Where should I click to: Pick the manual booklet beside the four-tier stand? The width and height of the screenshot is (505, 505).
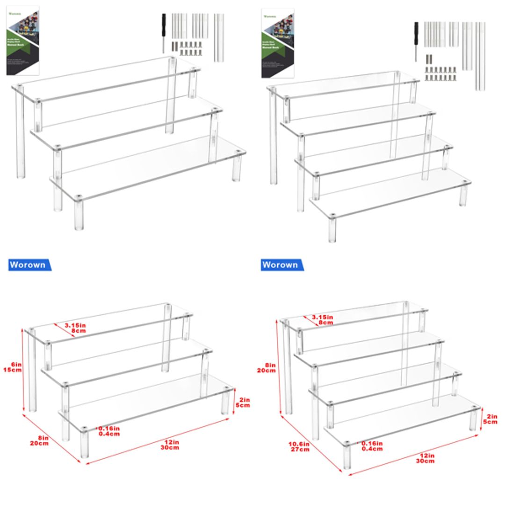tap(278, 43)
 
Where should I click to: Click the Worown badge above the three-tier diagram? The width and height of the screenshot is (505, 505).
tap(29, 265)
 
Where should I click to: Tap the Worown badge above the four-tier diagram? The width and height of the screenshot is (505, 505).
tap(281, 265)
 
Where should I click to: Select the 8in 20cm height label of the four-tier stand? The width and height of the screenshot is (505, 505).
tap(270, 368)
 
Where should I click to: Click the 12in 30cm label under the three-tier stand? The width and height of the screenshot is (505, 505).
tap(170, 444)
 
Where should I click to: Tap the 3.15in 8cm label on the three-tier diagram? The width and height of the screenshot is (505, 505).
tap(75, 328)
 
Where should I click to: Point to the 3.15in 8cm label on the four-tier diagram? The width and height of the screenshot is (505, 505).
tap(323, 320)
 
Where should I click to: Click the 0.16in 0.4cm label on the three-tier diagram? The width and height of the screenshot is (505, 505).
tap(108, 431)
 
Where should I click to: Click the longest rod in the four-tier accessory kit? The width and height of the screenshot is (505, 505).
tap(480, 56)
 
